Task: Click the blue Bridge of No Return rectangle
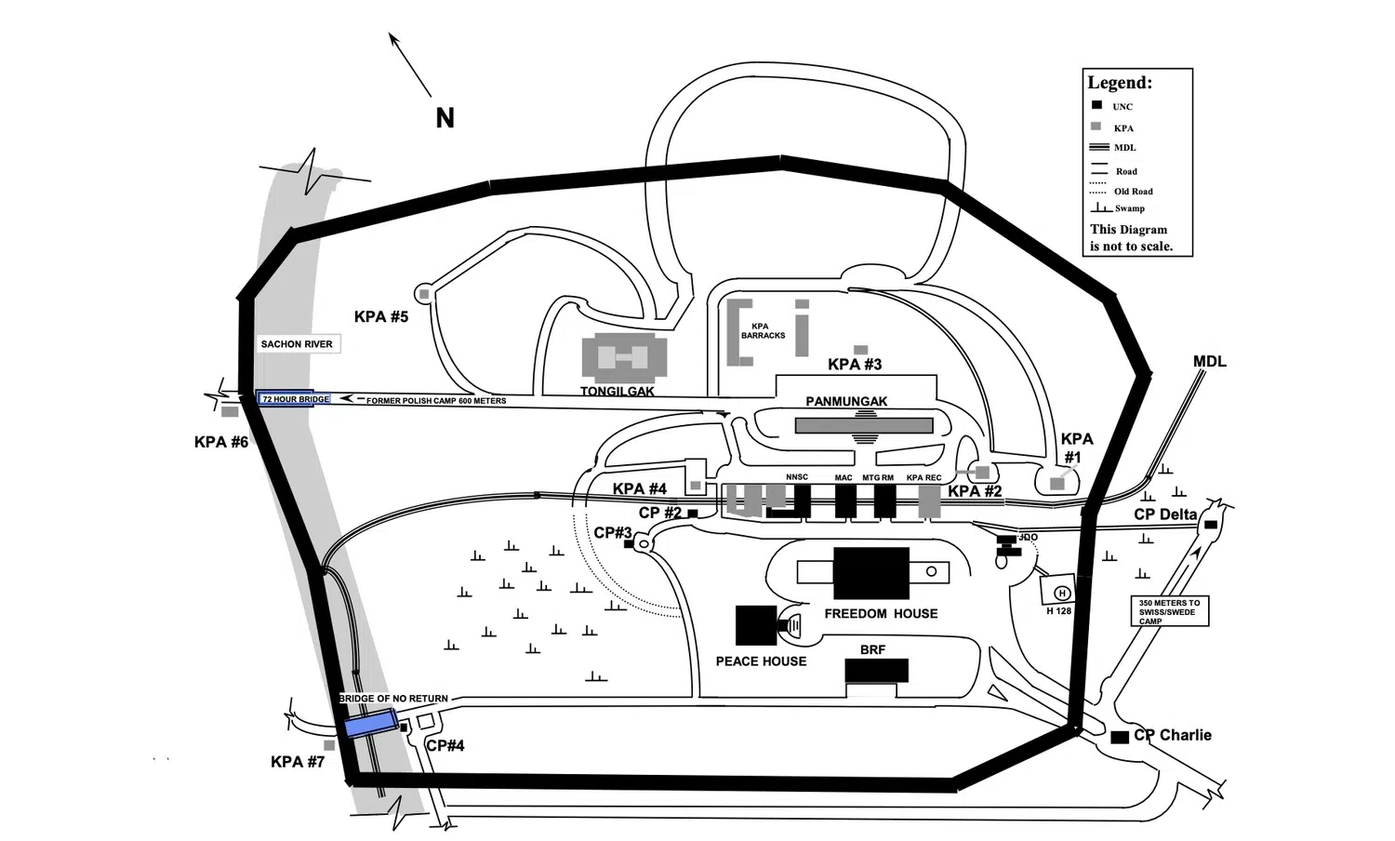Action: [x=372, y=724]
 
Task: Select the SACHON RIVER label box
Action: [x=298, y=344]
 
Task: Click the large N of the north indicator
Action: [x=445, y=118]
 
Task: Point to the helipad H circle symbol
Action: [x=1062, y=593]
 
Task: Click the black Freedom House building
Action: [x=870, y=573]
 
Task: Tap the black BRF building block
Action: [x=876, y=671]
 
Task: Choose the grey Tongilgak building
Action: [x=624, y=357]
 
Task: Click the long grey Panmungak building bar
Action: [x=864, y=425]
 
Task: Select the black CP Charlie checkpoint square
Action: [x=1120, y=737]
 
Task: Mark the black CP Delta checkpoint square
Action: [x=1211, y=525]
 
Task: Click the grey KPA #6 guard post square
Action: [x=230, y=412]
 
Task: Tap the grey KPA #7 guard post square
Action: [x=329, y=745]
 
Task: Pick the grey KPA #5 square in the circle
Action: [x=424, y=293]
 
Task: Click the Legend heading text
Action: [x=1120, y=83]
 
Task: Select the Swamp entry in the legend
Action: [x=1118, y=207]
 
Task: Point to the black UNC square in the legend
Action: [x=1096, y=105]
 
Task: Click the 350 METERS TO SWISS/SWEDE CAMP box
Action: [x=1170, y=611]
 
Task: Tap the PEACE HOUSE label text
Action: [x=761, y=661]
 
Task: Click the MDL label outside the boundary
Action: [x=1209, y=361]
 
